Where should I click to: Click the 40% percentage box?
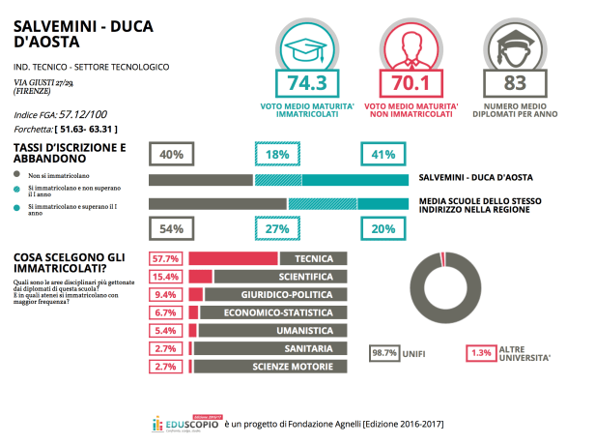171,155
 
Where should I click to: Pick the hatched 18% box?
278,155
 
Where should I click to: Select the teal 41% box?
382,155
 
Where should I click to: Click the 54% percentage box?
171,229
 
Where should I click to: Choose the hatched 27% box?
278,229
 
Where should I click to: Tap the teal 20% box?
382,229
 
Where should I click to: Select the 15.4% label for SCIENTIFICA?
166,277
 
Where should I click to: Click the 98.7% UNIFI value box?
384,353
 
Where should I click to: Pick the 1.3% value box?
480,353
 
